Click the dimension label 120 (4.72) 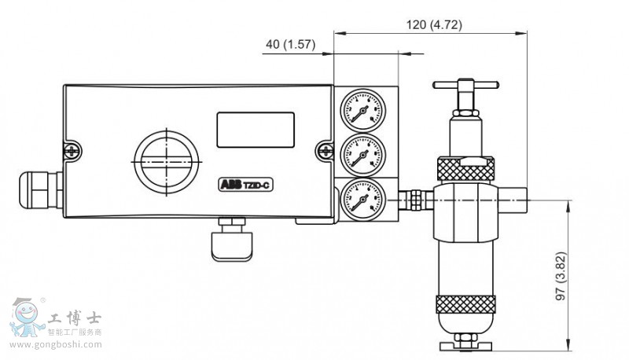(434, 24)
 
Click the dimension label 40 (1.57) (290, 45)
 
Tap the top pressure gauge (359, 111)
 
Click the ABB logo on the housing (230, 185)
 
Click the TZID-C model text (258, 185)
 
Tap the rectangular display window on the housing (256, 128)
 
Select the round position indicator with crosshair (167, 159)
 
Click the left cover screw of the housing (72, 148)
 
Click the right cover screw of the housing (329, 148)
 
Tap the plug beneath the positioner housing (232, 240)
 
